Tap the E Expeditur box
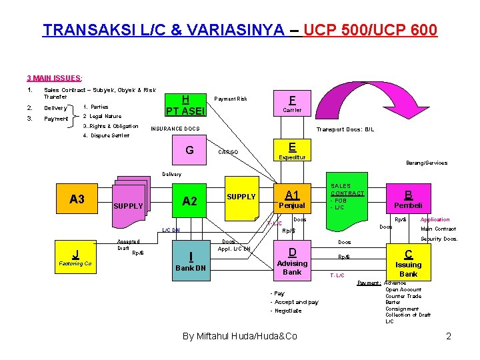point(292,151)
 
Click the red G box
point(189,150)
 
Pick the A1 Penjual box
point(292,199)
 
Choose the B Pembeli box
point(407,199)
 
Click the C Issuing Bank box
point(408,263)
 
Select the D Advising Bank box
point(292,261)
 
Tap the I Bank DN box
point(191,261)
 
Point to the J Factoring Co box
point(75,257)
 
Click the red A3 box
point(77,199)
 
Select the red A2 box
point(189,201)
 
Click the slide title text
point(240,30)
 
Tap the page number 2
point(449,336)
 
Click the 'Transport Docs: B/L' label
point(345,129)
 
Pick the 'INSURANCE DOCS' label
point(175,129)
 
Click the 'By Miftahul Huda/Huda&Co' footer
point(240,336)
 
